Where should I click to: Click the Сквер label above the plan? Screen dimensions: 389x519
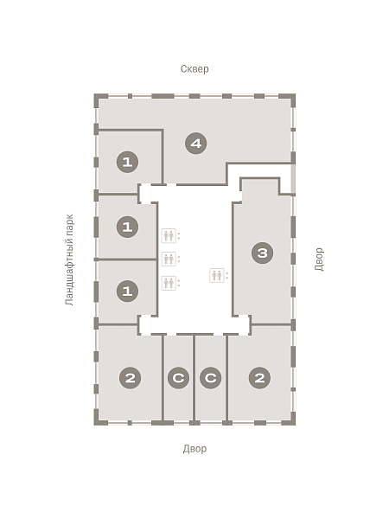pos(194,69)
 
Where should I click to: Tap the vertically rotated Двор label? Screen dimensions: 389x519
pos(320,259)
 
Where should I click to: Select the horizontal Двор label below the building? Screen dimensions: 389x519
pos(194,449)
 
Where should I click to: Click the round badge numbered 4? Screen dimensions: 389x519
pos(196,144)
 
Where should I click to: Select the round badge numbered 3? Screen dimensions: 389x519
pos(262,253)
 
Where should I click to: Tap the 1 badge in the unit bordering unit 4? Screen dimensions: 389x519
pos(127,162)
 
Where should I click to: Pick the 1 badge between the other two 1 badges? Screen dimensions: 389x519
pos(127,227)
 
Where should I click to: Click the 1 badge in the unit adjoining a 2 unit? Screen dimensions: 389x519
pos(127,291)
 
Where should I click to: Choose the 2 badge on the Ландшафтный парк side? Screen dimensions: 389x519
pos(130,378)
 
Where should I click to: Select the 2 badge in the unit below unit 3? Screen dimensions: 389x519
pos(259,378)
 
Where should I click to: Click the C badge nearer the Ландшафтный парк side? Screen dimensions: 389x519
pos(178,378)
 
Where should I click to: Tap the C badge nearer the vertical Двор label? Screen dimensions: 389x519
pos(211,378)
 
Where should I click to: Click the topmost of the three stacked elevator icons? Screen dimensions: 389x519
pos(169,235)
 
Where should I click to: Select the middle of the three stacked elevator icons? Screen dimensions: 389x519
pos(169,259)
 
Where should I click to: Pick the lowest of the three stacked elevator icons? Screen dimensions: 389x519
pos(169,283)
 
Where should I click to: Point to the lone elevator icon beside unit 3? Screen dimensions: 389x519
pos(217,275)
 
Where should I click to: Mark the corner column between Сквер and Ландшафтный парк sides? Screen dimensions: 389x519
pos(99,99)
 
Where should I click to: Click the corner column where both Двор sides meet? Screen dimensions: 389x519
pos(290,421)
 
